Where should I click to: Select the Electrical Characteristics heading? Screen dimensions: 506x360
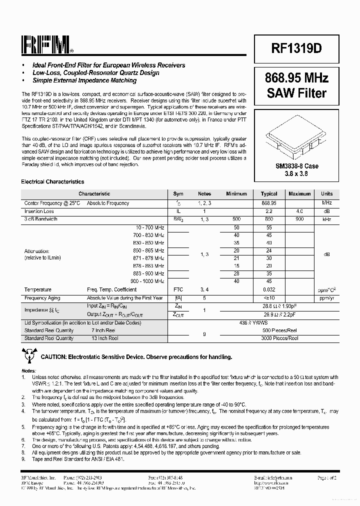(52, 182)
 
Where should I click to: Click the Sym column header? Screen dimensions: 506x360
(178, 194)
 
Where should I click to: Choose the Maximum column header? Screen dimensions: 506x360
(299, 194)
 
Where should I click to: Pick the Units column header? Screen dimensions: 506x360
(326, 194)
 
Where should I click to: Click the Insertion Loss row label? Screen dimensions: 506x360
(39, 211)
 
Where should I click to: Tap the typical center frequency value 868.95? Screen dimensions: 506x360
(269, 203)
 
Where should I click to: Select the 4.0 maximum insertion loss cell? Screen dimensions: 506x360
(299, 211)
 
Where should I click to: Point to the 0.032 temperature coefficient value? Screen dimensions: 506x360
(269, 289)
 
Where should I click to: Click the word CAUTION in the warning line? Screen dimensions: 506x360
(55, 357)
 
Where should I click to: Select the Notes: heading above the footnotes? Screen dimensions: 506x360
(29, 370)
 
